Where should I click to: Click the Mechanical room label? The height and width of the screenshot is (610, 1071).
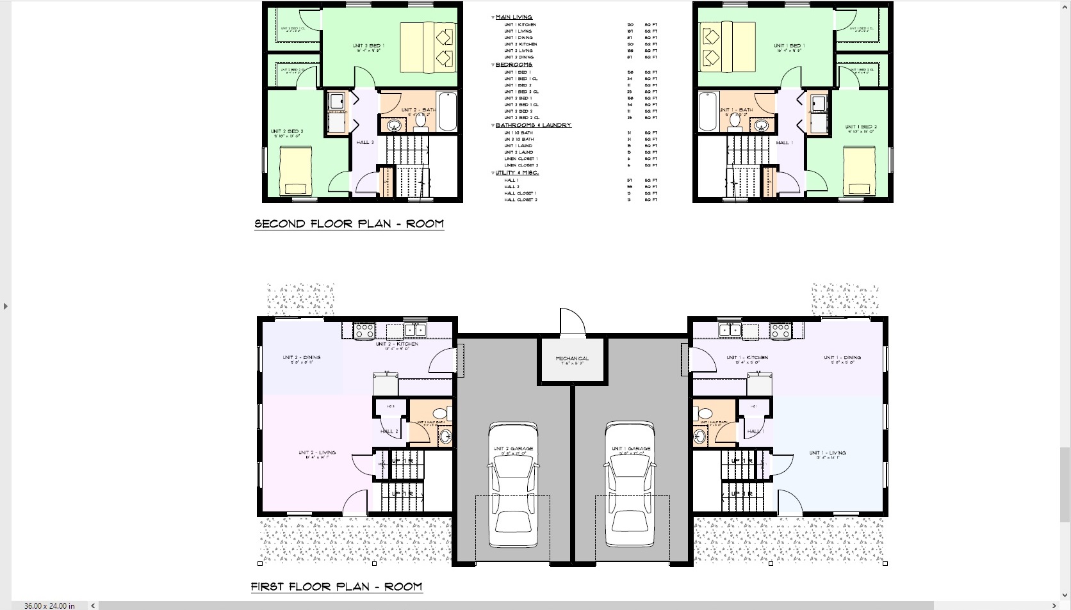click(571, 358)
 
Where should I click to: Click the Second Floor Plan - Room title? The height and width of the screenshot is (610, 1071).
click(349, 224)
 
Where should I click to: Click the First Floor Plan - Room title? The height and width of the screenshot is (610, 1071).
click(336, 586)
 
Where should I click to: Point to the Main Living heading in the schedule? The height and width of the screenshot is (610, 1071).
click(513, 17)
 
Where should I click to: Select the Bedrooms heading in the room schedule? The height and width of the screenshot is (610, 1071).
click(513, 65)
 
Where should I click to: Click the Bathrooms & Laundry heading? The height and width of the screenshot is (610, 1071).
click(532, 125)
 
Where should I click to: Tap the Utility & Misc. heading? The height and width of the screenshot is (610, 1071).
click(516, 173)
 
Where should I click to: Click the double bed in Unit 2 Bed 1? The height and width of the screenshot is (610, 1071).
click(428, 47)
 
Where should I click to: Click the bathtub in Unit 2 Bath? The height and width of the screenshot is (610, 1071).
click(447, 111)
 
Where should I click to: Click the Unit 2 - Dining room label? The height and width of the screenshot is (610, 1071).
click(301, 358)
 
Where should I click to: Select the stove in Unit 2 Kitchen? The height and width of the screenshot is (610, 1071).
click(364, 331)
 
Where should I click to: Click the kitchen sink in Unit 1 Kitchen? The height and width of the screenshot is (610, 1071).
click(729, 330)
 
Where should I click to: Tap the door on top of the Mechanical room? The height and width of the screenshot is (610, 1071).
click(572, 322)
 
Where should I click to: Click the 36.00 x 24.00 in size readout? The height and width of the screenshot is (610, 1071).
click(49, 606)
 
